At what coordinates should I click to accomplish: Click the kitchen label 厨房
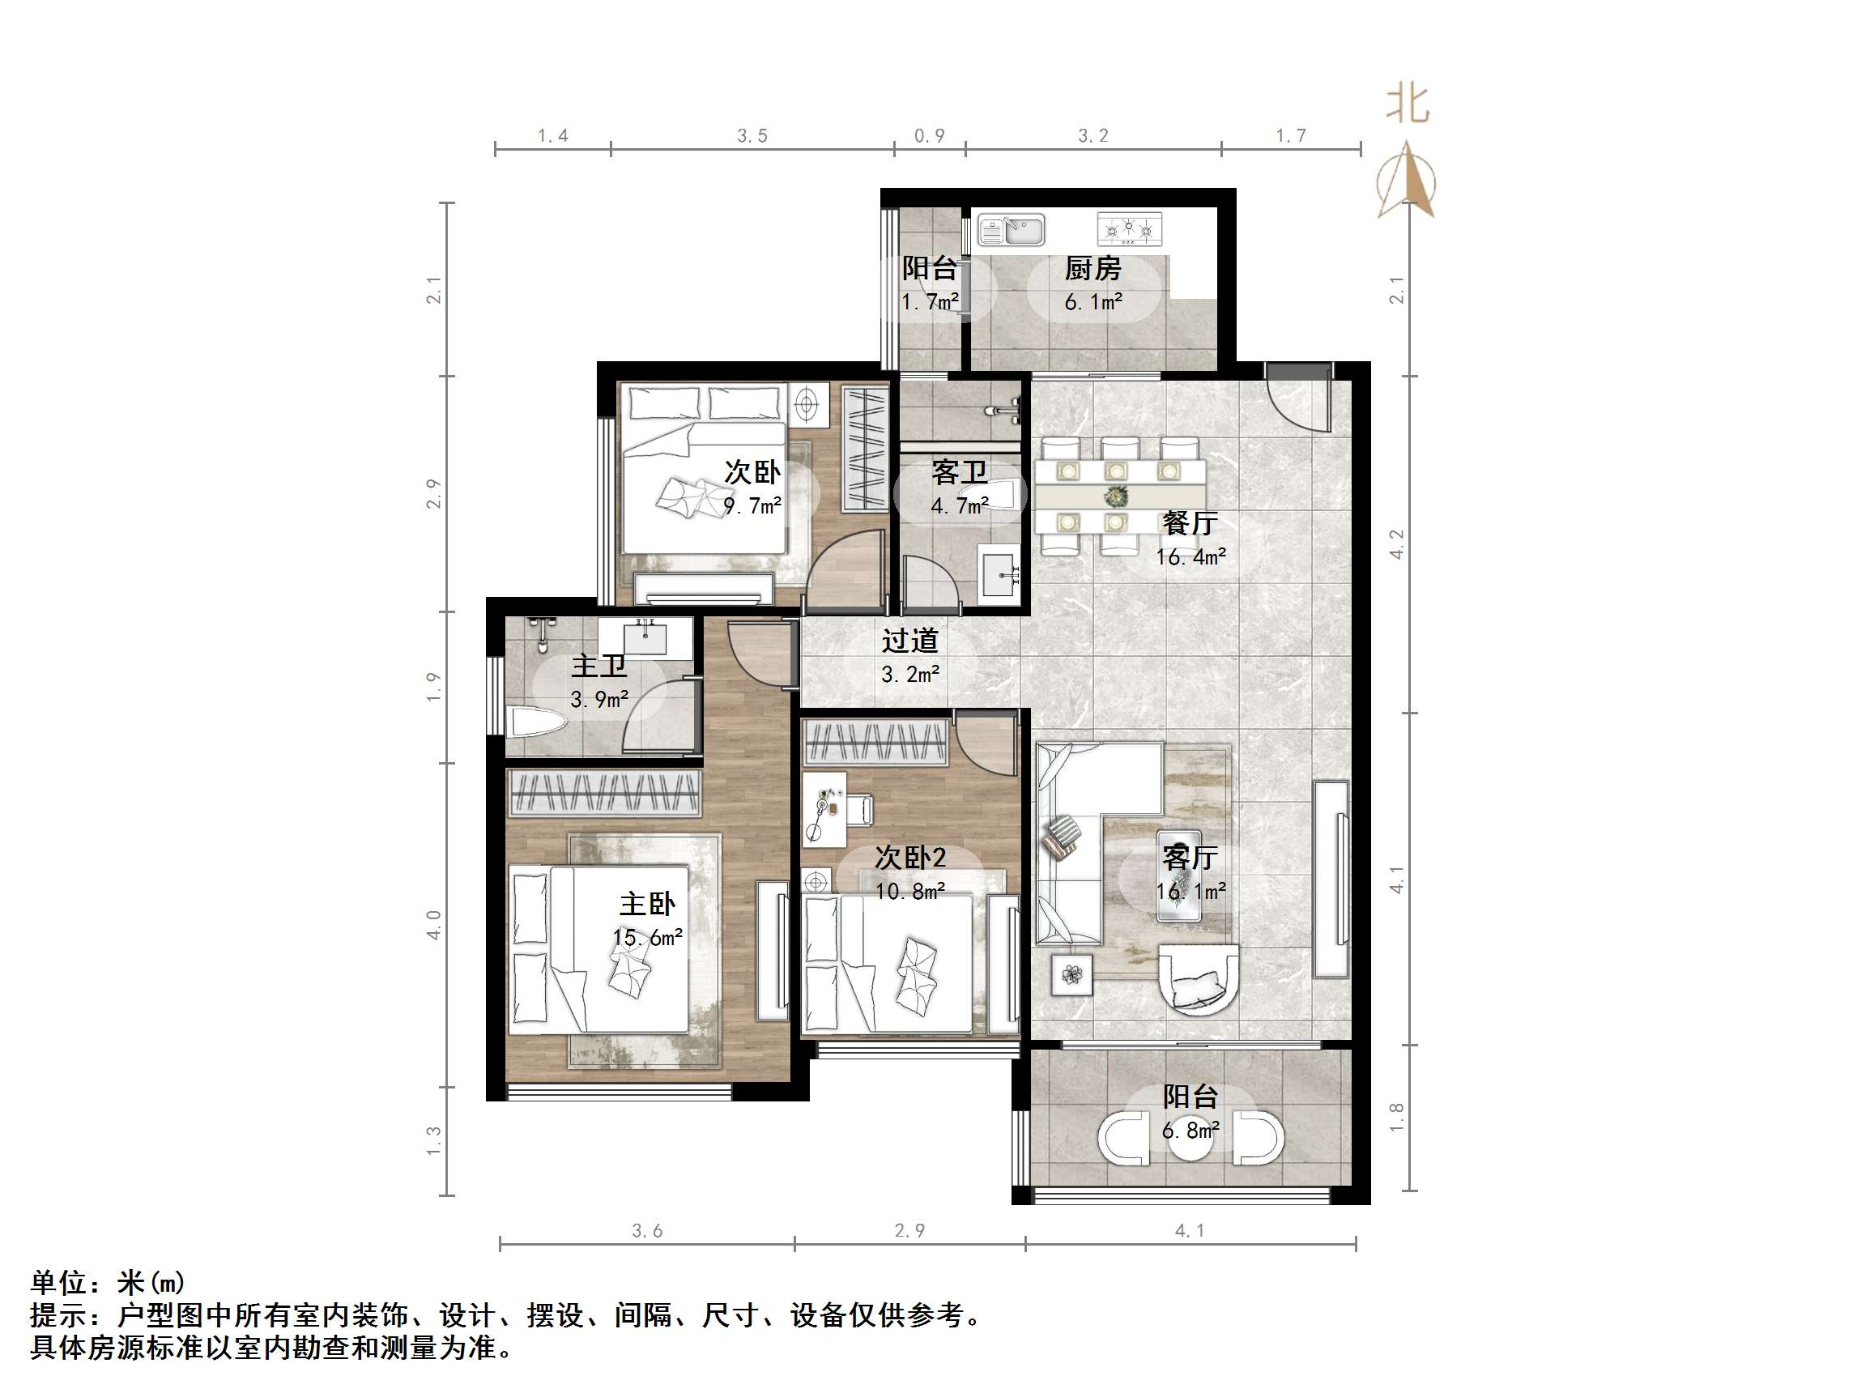[1093, 269]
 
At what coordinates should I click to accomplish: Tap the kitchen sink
[1012, 229]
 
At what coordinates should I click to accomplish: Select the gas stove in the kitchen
[1129, 228]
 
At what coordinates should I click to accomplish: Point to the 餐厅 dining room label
[1190, 523]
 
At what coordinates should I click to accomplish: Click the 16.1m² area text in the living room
[1190, 891]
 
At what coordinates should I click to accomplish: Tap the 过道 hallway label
[910, 641]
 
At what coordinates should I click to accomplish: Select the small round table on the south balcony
[1190, 1140]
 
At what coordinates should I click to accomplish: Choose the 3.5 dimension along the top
[752, 136]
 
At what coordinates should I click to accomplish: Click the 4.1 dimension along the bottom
[1190, 1231]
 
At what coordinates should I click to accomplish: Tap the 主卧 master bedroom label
[647, 905]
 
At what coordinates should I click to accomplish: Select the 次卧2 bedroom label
[910, 858]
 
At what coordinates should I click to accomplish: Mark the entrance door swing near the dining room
[1299, 398]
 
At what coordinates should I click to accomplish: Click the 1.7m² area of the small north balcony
[931, 301]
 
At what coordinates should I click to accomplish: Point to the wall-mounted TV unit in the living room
[1331, 877]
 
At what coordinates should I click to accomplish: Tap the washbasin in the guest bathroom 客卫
[999, 570]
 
